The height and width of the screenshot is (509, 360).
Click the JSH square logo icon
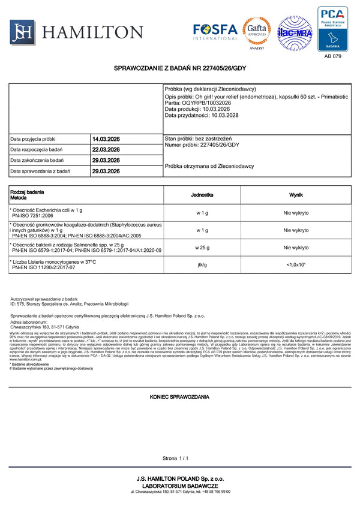[22, 32]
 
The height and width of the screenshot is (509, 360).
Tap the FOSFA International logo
[215, 31]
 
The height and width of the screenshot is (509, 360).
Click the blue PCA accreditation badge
[332, 28]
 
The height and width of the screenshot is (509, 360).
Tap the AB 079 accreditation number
[332, 56]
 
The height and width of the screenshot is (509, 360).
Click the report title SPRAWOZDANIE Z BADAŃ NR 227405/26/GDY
[179, 70]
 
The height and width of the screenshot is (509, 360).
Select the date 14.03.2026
[106, 139]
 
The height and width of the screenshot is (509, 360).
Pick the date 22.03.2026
[106, 150]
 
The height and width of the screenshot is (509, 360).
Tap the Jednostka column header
[202, 195]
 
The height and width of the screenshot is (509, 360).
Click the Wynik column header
[296, 195]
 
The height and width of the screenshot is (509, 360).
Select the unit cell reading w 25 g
[202, 248]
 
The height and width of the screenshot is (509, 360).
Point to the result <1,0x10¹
[296, 264]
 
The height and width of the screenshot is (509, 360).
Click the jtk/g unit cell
[202, 264]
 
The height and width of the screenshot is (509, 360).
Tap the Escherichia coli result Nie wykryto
[296, 213]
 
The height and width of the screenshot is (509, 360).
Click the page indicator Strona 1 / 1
[175, 458]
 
